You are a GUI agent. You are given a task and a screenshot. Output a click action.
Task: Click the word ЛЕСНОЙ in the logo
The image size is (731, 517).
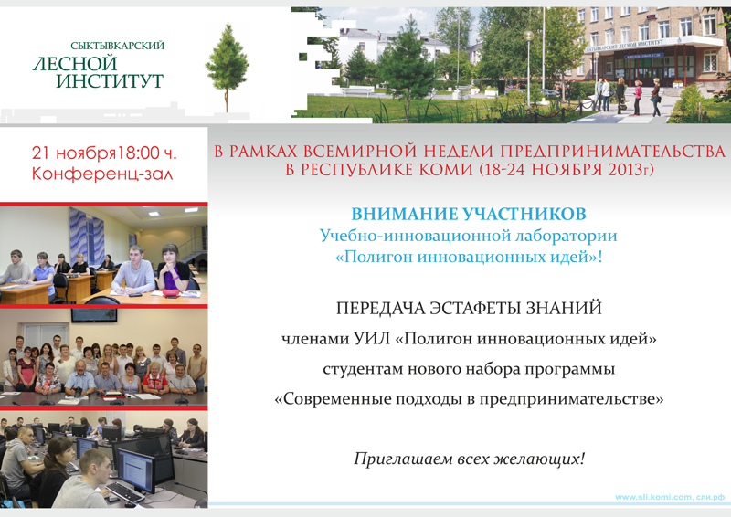click(x=75, y=63)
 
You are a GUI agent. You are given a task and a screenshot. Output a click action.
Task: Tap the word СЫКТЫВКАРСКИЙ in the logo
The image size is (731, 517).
click(x=118, y=46)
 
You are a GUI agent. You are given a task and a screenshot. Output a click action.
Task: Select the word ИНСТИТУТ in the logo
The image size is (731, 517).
click(x=110, y=80)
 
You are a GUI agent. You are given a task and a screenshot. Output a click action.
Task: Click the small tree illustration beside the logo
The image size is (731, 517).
click(x=227, y=68)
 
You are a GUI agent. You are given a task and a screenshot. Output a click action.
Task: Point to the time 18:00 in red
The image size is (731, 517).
click(x=138, y=153)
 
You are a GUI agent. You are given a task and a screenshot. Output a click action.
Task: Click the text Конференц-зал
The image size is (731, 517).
click(x=102, y=174)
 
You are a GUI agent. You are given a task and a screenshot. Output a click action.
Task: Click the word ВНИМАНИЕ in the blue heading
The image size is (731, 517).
click(x=404, y=214)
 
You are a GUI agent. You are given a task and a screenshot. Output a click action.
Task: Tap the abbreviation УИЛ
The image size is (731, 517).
click(x=372, y=339)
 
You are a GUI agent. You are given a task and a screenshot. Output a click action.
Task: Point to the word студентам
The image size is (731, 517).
click(x=363, y=369)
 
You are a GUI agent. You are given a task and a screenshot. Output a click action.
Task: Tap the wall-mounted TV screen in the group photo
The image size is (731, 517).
click(x=94, y=314)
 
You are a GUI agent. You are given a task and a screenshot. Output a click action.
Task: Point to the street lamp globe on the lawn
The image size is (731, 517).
click(x=528, y=36)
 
